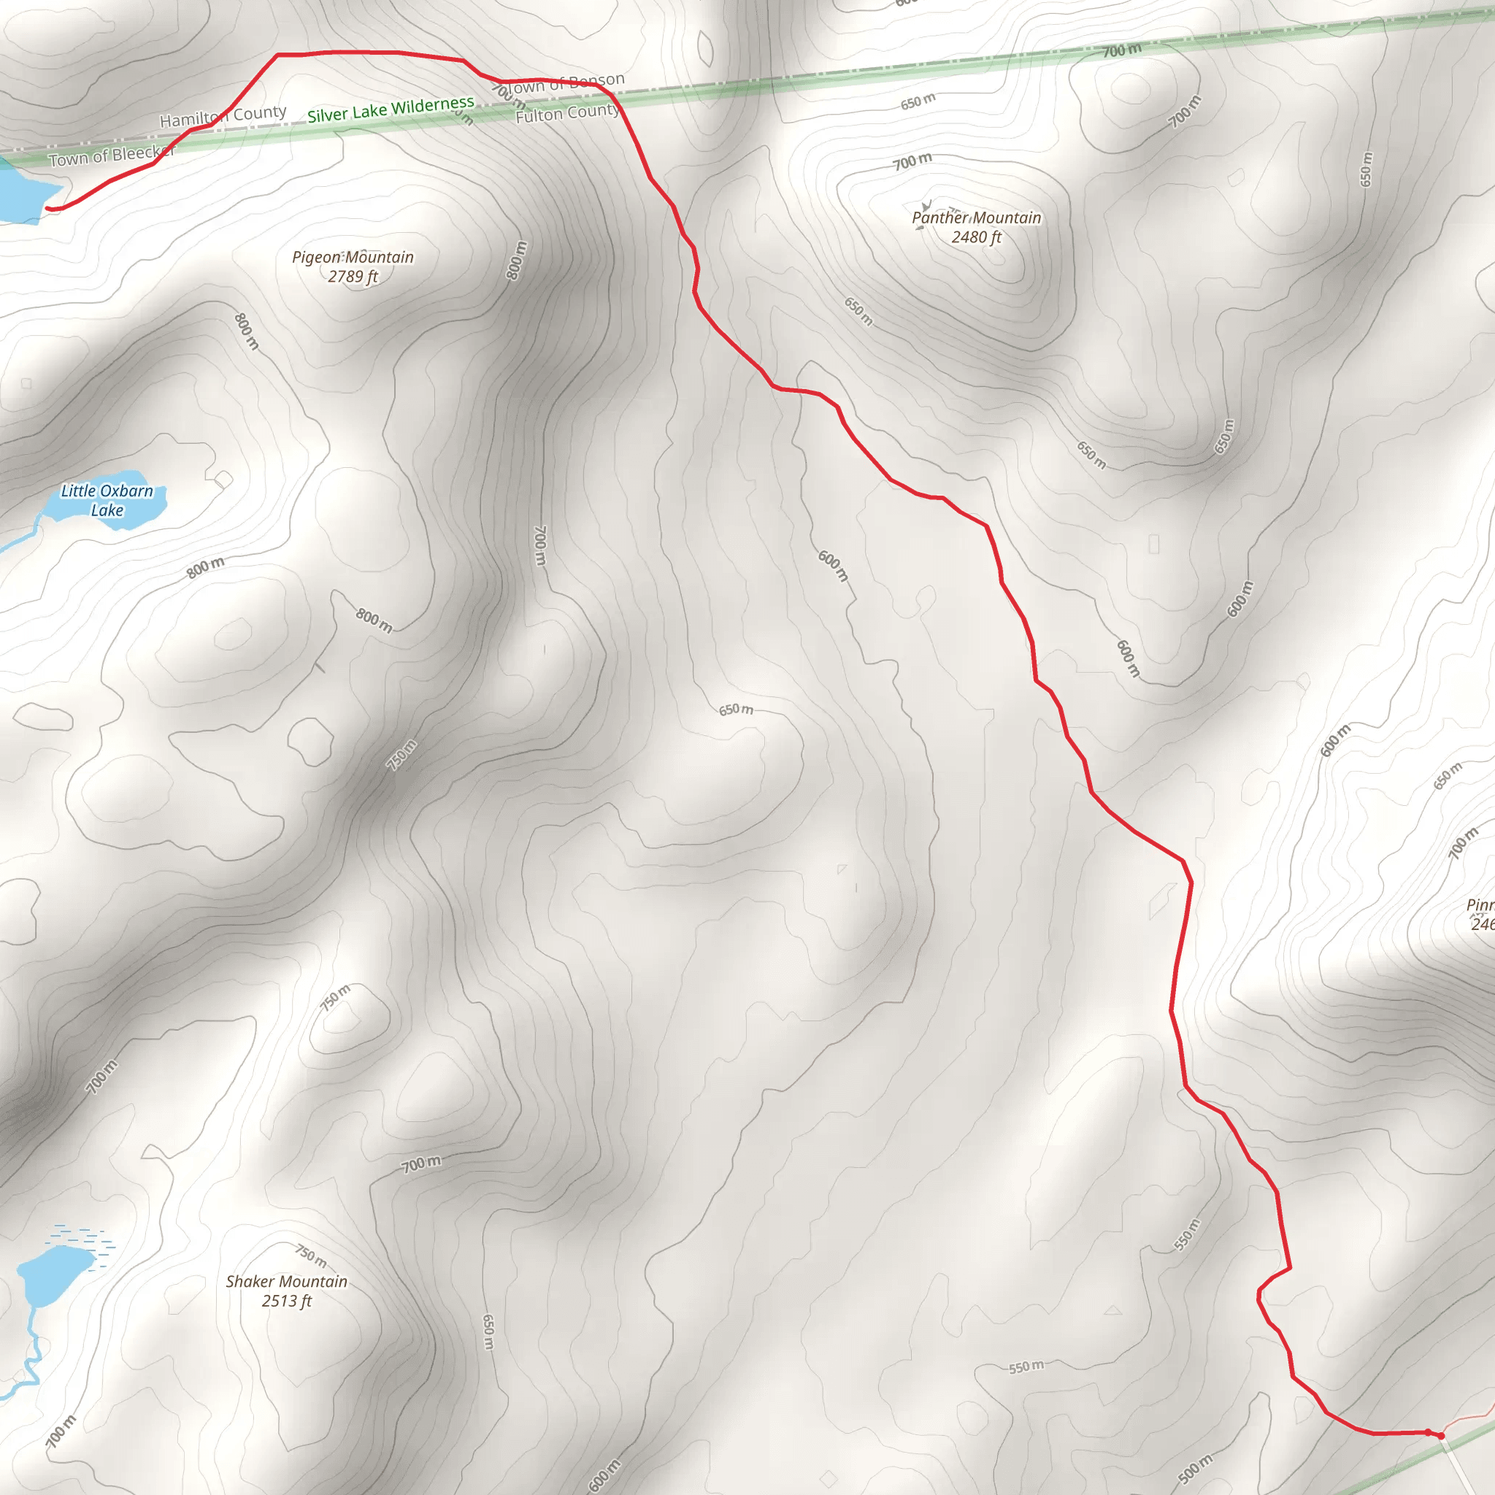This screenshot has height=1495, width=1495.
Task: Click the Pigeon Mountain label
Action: click(x=353, y=257)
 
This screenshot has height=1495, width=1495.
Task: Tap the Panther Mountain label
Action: click(x=976, y=218)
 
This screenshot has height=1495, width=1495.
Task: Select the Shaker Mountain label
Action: click(x=286, y=1281)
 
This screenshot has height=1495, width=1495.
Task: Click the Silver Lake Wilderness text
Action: click(x=390, y=109)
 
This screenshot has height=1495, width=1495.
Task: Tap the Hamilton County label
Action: click(x=223, y=116)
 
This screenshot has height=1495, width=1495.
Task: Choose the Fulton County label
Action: click(x=567, y=114)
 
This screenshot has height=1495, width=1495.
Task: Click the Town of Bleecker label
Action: click(x=112, y=155)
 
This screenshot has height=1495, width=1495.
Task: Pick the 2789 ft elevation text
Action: click(x=353, y=276)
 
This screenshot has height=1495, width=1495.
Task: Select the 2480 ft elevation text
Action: click(x=976, y=237)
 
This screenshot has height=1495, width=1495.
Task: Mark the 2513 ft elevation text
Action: click(x=286, y=1301)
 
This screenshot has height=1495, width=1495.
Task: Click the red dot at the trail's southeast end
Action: click(x=1441, y=1435)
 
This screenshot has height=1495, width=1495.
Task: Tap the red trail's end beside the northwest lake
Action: click(x=49, y=208)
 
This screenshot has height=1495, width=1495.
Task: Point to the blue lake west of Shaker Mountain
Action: click(x=54, y=1273)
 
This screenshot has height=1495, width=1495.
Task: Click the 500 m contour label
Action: click(x=1195, y=1468)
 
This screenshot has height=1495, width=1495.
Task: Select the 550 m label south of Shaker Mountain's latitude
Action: click(x=1026, y=1367)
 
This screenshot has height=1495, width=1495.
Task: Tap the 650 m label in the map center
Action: click(x=735, y=710)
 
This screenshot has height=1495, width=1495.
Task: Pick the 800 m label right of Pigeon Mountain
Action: click(x=516, y=260)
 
